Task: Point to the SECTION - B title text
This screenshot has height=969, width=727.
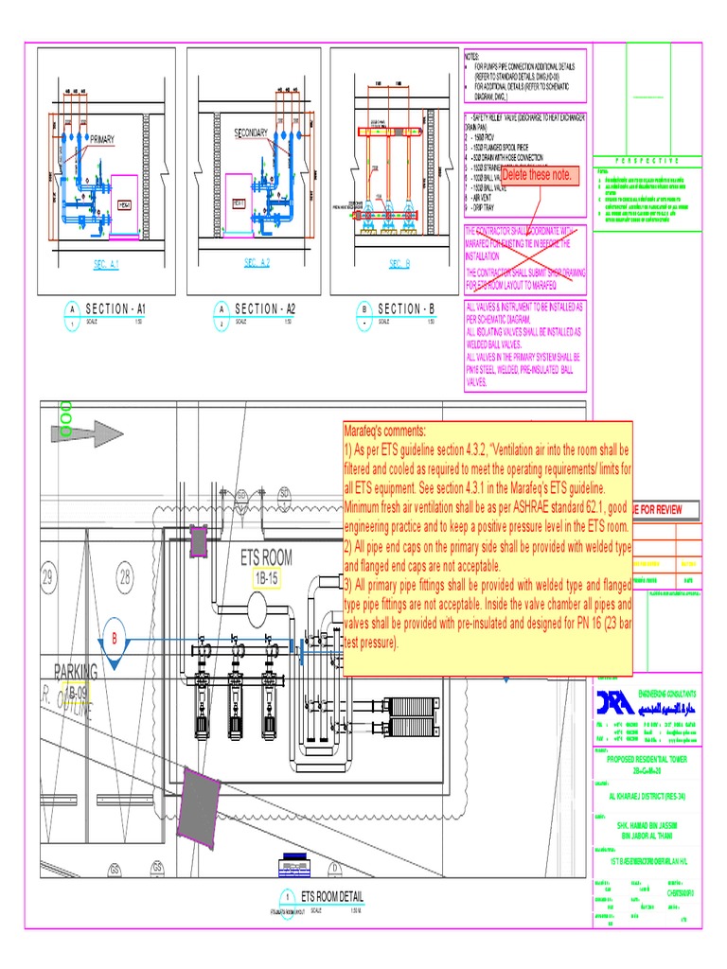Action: pos(405,308)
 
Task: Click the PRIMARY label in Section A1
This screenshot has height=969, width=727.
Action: pos(101,139)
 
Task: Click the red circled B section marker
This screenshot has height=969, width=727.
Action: pos(116,640)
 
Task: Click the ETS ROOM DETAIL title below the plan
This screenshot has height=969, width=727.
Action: pos(331,896)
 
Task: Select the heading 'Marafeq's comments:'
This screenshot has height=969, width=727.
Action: pos(386,430)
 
